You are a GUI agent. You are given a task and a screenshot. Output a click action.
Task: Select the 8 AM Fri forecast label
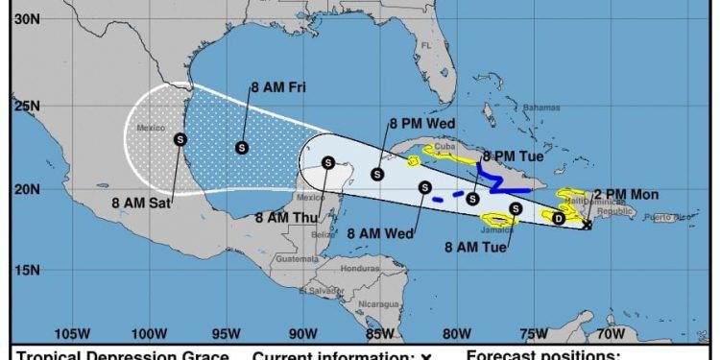(x=278, y=86)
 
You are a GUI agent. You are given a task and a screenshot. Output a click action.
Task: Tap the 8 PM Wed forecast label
(x=422, y=123)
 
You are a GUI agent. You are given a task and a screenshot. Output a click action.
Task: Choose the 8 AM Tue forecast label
(x=476, y=247)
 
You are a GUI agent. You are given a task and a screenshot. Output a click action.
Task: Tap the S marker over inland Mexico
(x=180, y=139)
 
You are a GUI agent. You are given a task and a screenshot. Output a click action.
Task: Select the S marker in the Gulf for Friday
(x=241, y=147)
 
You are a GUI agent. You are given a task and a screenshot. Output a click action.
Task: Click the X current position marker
(x=588, y=226)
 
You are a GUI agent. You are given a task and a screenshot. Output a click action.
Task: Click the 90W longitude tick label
(x=302, y=334)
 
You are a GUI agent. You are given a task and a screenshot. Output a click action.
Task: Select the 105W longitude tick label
(x=69, y=334)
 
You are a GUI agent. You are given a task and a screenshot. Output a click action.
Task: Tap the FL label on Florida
(x=427, y=45)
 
